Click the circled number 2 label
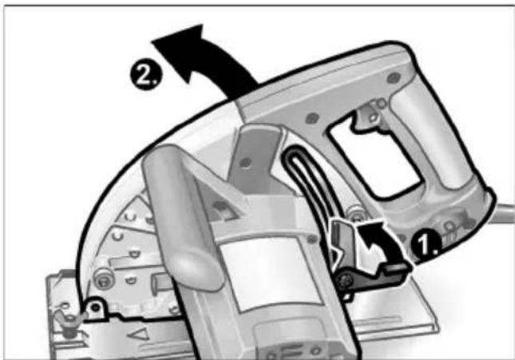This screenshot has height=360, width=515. coord(145,75)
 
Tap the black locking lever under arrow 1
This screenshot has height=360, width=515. coord(371,276)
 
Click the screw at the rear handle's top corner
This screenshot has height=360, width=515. coord(393,77)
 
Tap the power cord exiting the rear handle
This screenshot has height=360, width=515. coord(503,213)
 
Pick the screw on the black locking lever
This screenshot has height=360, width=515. coord(346,279)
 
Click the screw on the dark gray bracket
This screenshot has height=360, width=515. coord(245,161)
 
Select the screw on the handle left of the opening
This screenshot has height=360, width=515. coord(311,117)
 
